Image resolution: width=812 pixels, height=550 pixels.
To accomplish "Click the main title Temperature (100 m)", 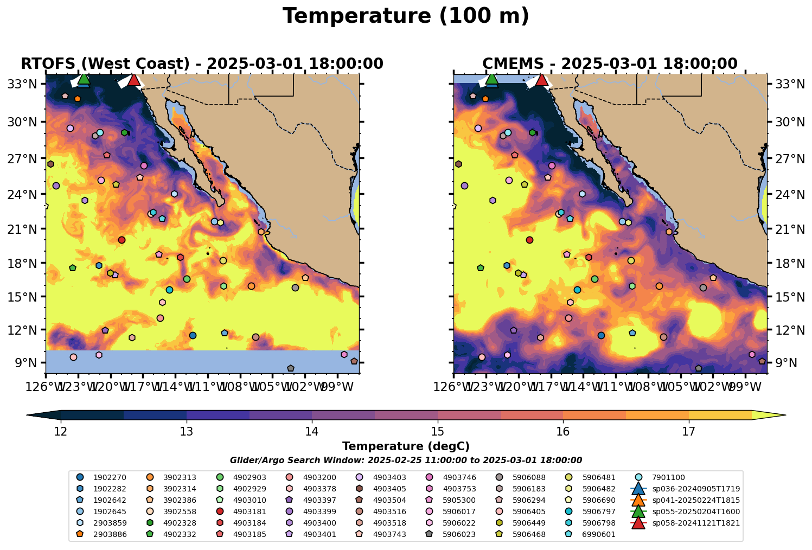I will [x=406, y=16].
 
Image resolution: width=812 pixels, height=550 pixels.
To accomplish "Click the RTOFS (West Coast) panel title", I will [x=202, y=64].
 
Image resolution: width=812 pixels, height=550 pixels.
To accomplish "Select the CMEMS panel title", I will [x=610, y=64].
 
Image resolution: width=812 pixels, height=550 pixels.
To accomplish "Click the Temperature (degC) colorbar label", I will [x=406, y=446].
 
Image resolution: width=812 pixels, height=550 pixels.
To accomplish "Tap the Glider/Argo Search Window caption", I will [x=406, y=460].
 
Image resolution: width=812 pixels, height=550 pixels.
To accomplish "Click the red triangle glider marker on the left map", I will [x=133, y=80].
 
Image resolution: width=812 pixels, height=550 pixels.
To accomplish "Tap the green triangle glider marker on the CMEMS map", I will [x=491, y=79].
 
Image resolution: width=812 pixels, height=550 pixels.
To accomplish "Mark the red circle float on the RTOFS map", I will [x=122, y=240].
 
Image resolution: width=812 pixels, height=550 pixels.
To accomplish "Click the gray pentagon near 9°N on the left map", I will [x=291, y=368].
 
